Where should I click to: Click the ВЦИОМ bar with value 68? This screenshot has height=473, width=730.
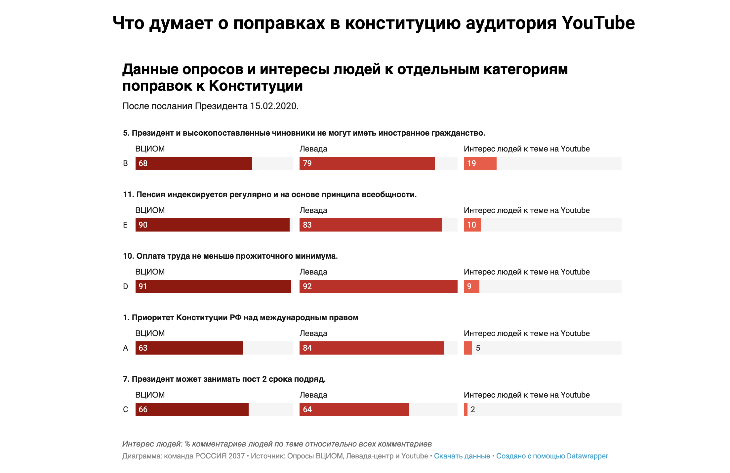click(x=193, y=163)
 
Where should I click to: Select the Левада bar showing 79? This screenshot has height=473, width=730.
click(x=367, y=163)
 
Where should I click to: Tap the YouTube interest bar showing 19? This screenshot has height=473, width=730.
click(x=480, y=163)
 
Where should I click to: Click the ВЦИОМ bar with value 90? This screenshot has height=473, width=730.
click(x=212, y=225)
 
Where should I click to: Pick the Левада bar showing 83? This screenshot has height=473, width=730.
click(x=370, y=225)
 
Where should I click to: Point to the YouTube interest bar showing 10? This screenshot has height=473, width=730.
click(x=472, y=225)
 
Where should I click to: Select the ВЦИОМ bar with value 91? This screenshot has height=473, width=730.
click(x=213, y=286)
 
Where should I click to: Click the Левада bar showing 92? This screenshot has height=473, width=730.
click(x=378, y=286)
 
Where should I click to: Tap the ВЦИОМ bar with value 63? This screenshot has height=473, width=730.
click(x=189, y=348)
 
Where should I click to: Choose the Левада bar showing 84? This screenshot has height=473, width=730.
click(x=371, y=348)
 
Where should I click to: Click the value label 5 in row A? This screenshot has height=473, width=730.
click(x=478, y=348)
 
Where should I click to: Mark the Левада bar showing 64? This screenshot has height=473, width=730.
click(x=354, y=409)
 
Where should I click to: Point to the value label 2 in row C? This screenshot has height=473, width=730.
click(x=473, y=409)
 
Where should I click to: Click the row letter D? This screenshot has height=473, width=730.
click(x=125, y=286)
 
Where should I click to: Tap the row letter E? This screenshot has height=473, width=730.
click(x=125, y=225)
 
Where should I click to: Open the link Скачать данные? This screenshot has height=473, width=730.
click(x=462, y=456)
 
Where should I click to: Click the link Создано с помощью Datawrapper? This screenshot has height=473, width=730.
click(x=552, y=456)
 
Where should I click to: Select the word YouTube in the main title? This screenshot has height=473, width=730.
click(x=598, y=23)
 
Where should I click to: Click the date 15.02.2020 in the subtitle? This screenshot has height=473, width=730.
click(x=274, y=106)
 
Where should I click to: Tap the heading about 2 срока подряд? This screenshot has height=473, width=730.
click(x=224, y=379)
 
